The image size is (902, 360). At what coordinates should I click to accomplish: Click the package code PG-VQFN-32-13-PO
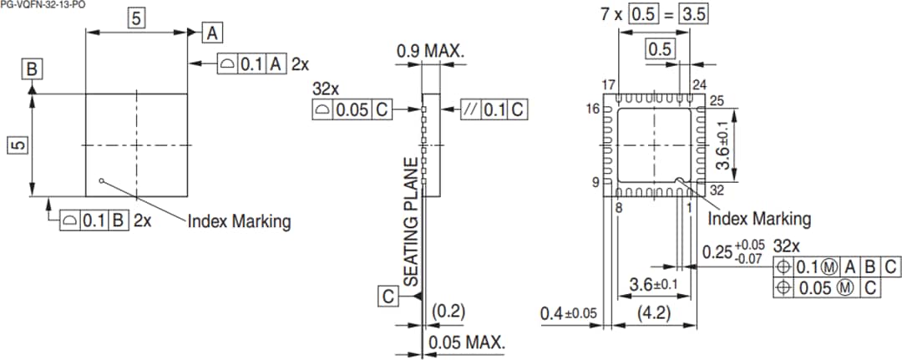tap(43, 5)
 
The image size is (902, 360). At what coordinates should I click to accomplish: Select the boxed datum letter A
tap(213, 33)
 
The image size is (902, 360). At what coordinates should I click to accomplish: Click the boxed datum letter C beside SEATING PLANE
tap(388, 297)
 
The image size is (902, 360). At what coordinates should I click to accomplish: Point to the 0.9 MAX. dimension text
tap(430, 52)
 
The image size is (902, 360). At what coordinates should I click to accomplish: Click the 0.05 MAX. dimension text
tap(466, 342)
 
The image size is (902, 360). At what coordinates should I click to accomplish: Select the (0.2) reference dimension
tap(448, 312)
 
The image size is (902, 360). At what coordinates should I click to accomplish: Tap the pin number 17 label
tap(609, 86)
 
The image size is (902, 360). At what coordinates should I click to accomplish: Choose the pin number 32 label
tap(717, 190)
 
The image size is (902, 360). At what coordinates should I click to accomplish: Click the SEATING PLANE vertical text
tap(411, 222)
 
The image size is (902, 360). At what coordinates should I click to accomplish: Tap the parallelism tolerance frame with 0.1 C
tap(494, 109)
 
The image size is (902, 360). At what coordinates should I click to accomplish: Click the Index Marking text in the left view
tap(239, 221)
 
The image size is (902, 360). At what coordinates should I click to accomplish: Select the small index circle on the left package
tap(101, 179)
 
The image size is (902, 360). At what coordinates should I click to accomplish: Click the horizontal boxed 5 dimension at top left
tap(136, 17)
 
